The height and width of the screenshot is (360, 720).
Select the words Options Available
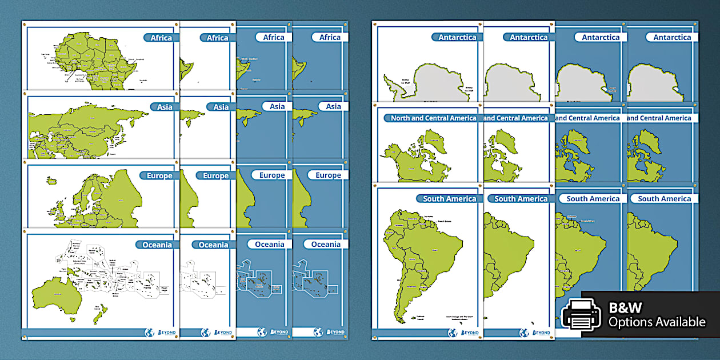coord(657,322)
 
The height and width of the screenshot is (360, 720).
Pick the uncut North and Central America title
coord(433,118)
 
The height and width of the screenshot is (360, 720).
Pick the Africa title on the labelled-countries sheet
coord(161,38)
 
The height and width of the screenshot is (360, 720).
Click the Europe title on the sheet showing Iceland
coord(160,176)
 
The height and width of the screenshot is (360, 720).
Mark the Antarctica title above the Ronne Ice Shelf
coord(457,38)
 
